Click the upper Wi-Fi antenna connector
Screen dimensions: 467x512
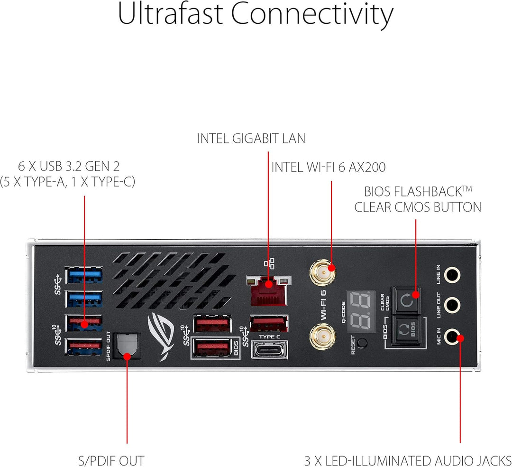click(322, 272)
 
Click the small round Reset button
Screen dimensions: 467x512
click(363, 343)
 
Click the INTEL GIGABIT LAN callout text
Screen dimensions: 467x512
click(251, 139)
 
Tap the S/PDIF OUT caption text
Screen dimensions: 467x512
click(111, 460)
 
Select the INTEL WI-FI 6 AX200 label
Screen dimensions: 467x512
click(329, 167)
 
